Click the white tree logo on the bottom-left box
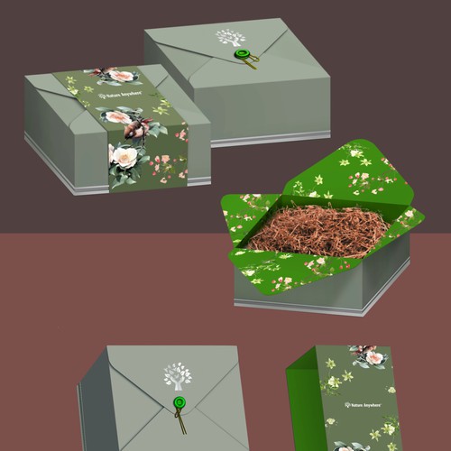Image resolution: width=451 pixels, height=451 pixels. coord(177,375)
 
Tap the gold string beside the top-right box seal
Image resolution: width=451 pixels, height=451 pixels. coord(253,62)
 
